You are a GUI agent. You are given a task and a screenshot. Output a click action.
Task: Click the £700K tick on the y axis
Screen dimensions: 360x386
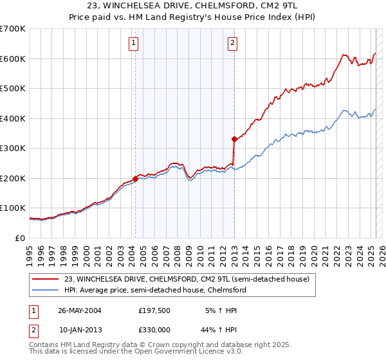tap(13, 29)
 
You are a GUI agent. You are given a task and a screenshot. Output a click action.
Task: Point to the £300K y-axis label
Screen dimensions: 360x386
tap(13, 148)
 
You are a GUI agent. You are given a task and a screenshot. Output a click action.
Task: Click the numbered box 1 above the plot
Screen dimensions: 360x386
tap(133, 44)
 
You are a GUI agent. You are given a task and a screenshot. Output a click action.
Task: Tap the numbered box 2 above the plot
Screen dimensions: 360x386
tap(232, 44)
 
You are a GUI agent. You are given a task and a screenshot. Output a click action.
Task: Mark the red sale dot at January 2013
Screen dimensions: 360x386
tap(234, 139)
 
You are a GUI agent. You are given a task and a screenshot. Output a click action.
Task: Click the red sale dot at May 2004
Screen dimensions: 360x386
tap(136, 179)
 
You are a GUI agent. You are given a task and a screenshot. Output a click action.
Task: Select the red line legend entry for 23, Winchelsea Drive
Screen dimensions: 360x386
tap(187, 279)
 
